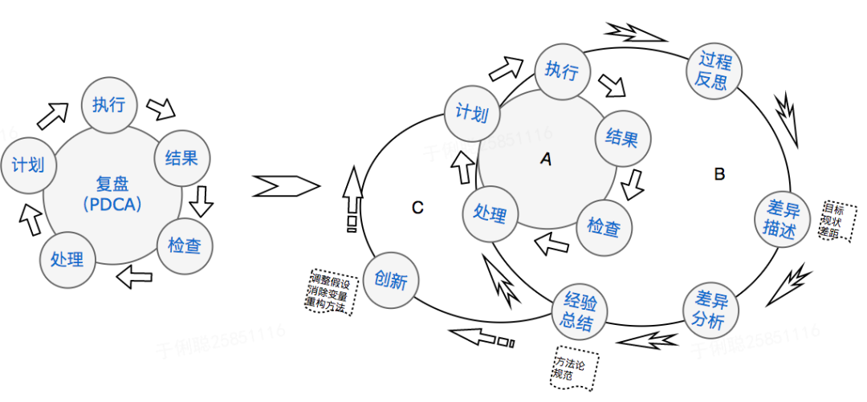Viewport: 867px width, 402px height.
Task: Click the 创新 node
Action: click(390, 280)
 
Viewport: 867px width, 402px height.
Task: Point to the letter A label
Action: click(546, 160)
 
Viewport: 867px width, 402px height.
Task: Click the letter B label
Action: click(719, 173)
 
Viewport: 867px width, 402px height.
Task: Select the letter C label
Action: click(417, 208)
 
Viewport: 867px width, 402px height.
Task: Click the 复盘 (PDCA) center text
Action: click(112, 195)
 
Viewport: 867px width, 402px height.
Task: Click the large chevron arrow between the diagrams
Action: click(285, 187)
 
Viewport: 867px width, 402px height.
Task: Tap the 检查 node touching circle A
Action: click(604, 227)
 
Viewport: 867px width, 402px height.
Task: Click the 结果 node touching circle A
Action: click(621, 139)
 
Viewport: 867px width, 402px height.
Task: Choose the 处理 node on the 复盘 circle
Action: click(67, 258)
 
